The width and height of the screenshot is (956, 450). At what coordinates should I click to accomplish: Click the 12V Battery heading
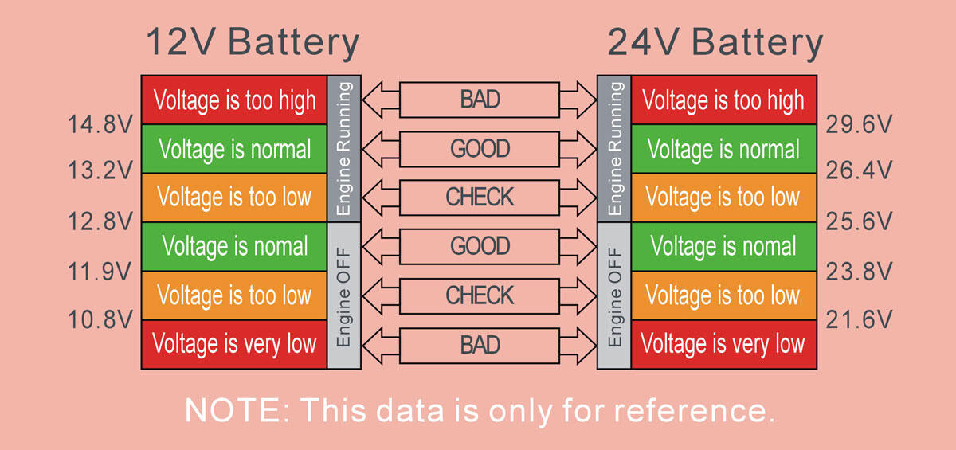(x=253, y=43)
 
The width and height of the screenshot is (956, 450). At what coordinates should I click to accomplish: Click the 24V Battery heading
(x=715, y=43)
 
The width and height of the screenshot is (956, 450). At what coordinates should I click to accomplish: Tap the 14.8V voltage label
(x=100, y=124)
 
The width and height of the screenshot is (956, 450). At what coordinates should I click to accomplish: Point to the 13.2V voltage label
(x=100, y=170)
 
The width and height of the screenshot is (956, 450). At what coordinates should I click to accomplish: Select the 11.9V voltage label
(x=100, y=272)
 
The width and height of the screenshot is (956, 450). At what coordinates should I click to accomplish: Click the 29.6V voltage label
(x=859, y=124)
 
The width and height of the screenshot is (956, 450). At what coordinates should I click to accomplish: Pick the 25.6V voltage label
(x=859, y=221)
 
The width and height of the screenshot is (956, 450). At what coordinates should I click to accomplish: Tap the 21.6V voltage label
(x=859, y=319)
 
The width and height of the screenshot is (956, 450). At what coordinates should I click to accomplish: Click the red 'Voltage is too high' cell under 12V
(x=234, y=100)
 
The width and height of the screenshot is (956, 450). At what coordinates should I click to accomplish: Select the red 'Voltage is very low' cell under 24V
(x=724, y=345)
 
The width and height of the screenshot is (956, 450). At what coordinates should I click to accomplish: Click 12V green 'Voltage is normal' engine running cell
(x=234, y=149)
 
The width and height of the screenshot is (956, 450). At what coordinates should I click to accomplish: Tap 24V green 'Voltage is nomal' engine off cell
(x=724, y=247)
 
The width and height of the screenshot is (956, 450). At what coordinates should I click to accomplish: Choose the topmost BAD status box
(x=480, y=100)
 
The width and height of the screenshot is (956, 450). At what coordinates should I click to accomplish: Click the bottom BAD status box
(x=480, y=346)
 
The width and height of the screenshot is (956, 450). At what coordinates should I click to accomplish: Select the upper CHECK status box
(x=480, y=198)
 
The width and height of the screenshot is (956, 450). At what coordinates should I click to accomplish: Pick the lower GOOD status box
(x=480, y=247)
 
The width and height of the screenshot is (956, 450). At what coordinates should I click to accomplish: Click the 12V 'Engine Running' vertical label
(x=344, y=148)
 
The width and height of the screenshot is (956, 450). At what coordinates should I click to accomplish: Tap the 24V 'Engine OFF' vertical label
(x=614, y=296)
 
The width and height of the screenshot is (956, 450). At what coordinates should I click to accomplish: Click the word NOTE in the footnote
(x=237, y=410)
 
